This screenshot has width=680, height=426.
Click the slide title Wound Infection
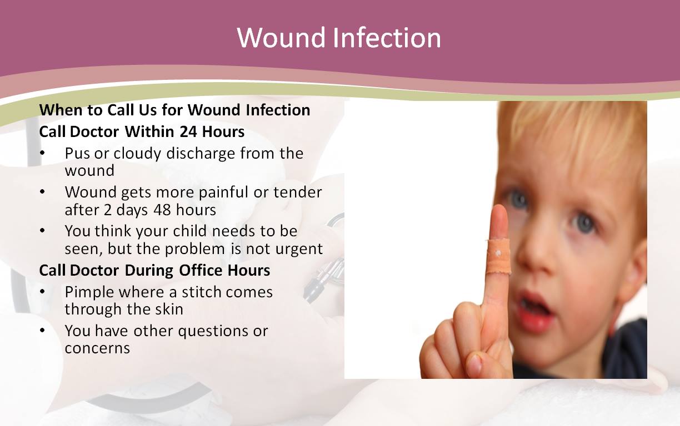click(339, 38)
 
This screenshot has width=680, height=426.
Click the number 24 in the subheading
click(188, 132)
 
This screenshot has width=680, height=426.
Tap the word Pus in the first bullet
click(77, 154)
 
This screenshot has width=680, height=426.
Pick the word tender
click(298, 192)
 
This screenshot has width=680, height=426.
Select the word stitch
click(202, 292)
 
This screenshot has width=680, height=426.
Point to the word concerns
click(97, 348)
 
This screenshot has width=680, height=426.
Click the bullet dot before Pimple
click(42, 292)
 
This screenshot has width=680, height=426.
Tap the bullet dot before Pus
click(42, 153)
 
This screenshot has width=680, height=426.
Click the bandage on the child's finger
click(498, 256)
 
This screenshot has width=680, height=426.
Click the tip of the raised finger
click(499, 207)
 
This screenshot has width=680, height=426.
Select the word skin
click(169, 310)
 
